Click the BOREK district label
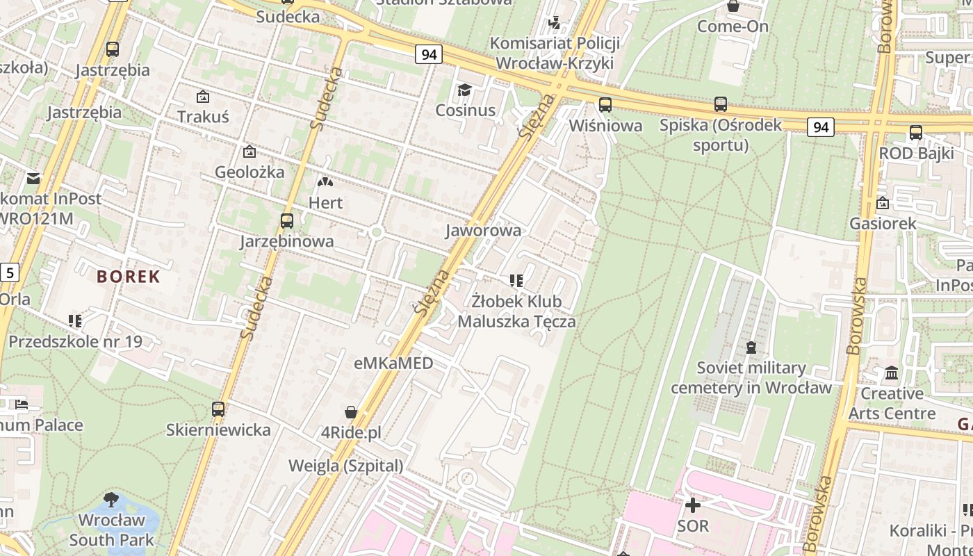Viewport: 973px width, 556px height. click(x=129, y=277)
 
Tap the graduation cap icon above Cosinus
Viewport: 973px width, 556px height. click(x=464, y=90)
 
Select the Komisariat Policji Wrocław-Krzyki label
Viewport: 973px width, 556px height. click(x=554, y=53)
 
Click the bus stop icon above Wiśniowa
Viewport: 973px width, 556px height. click(x=605, y=105)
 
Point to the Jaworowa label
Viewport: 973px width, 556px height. click(x=484, y=230)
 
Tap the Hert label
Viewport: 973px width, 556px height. click(x=325, y=203)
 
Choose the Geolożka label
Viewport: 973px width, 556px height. click(x=250, y=172)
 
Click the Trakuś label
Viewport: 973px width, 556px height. click(x=203, y=116)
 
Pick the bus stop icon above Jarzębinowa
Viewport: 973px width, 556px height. click(x=286, y=221)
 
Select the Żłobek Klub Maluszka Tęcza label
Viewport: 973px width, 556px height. click(x=516, y=311)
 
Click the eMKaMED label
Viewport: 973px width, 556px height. click(x=393, y=363)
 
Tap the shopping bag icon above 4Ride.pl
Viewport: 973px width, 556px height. click(x=351, y=412)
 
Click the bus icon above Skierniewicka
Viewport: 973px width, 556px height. click(x=218, y=409)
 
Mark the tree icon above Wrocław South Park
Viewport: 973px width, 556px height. click(x=111, y=499)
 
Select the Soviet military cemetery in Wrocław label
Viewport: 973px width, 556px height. click(x=751, y=377)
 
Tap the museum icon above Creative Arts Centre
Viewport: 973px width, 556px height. click(x=892, y=373)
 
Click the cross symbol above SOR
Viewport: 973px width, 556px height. click(x=692, y=505)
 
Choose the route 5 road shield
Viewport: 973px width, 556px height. click(x=9, y=272)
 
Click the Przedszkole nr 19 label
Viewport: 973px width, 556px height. click(x=75, y=341)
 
